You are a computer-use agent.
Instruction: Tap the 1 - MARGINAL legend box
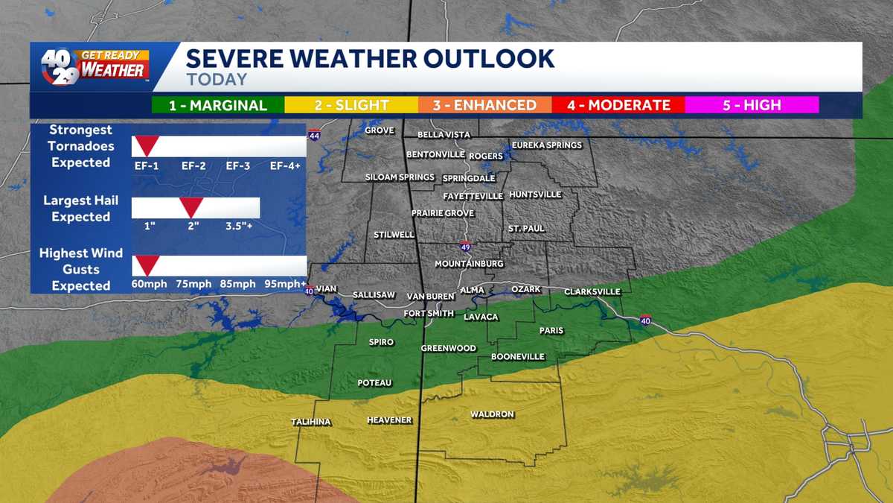[x=217, y=105]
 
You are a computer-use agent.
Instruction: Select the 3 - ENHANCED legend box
[x=484, y=105]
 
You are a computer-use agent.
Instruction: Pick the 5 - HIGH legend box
[x=752, y=105]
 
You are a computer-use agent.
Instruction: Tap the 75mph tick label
[x=193, y=284]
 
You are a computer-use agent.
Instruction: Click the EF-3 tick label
[x=237, y=165]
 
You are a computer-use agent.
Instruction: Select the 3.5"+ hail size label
[x=239, y=225]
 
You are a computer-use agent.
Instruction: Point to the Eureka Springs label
[x=547, y=145]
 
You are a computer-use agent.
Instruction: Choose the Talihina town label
[x=311, y=422]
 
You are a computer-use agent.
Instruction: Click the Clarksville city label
[x=592, y=291]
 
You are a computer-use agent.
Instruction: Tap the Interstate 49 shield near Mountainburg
[x=465, y=247]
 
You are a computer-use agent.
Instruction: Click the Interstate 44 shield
[x=314, y=136]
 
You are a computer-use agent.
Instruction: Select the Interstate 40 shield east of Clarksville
[x=645, y=320]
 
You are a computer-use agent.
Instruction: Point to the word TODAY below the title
[x=217, y=79]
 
